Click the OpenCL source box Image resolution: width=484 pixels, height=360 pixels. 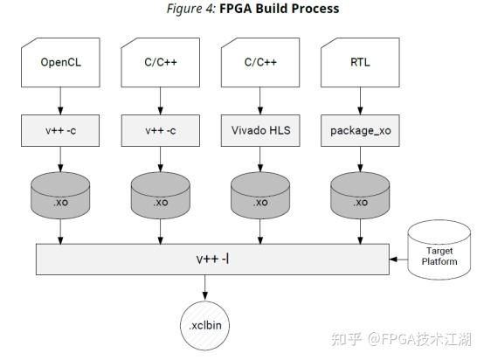(60, 63)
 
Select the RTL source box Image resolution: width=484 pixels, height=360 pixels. (358, 63)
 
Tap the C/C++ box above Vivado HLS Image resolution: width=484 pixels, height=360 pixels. (259, 63)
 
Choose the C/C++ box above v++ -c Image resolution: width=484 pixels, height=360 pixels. (160, 63)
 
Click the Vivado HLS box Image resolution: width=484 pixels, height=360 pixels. (259, 130)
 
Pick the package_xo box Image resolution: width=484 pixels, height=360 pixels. (358, 130)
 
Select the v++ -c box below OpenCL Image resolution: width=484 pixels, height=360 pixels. (60, 130)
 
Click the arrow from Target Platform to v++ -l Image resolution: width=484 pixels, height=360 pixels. (399, 260)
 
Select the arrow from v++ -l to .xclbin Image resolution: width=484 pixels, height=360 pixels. (204, 287)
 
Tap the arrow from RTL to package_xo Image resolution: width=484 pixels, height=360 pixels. (358, 100)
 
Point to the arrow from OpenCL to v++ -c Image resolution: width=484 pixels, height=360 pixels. (60, 100)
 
